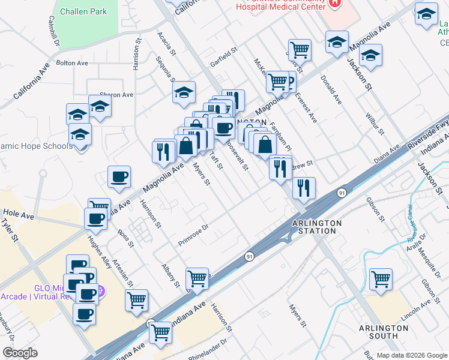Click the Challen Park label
click(83, 11)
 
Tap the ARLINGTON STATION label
click(316, 227)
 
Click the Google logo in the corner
click(20, 353)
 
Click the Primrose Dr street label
click(193, 235)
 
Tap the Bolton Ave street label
click(72, 62)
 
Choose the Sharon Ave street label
click(116, 95)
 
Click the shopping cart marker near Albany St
click(197, 278)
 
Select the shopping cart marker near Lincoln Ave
click(381, 279)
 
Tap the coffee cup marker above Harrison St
click(119, 176)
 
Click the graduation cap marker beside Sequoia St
click(184, 93)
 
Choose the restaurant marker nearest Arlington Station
click(304, 188)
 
